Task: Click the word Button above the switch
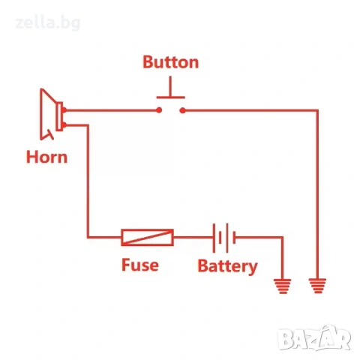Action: tap(171, 62)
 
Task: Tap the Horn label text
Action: tap(47, 157)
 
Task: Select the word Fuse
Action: tap(140, 265)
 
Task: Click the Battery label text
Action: tap(227, 266)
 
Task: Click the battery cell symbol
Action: tap(224, 238)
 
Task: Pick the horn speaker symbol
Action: tap(51, 114)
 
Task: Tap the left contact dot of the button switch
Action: tap(159, 110)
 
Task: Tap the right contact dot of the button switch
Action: tap(183, 110)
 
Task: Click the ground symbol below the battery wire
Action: tap(283, 286)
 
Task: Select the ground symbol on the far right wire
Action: tap(317, 286)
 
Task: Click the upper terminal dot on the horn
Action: tap(64, 110)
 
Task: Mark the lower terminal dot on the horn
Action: tap(64, 124)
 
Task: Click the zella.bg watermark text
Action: tap(48, 23)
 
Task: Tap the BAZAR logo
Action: tap(314, 338)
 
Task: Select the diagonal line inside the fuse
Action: tap(147, 237)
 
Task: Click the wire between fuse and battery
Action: tap(193, 237)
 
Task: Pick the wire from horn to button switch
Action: tap(112, 110)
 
